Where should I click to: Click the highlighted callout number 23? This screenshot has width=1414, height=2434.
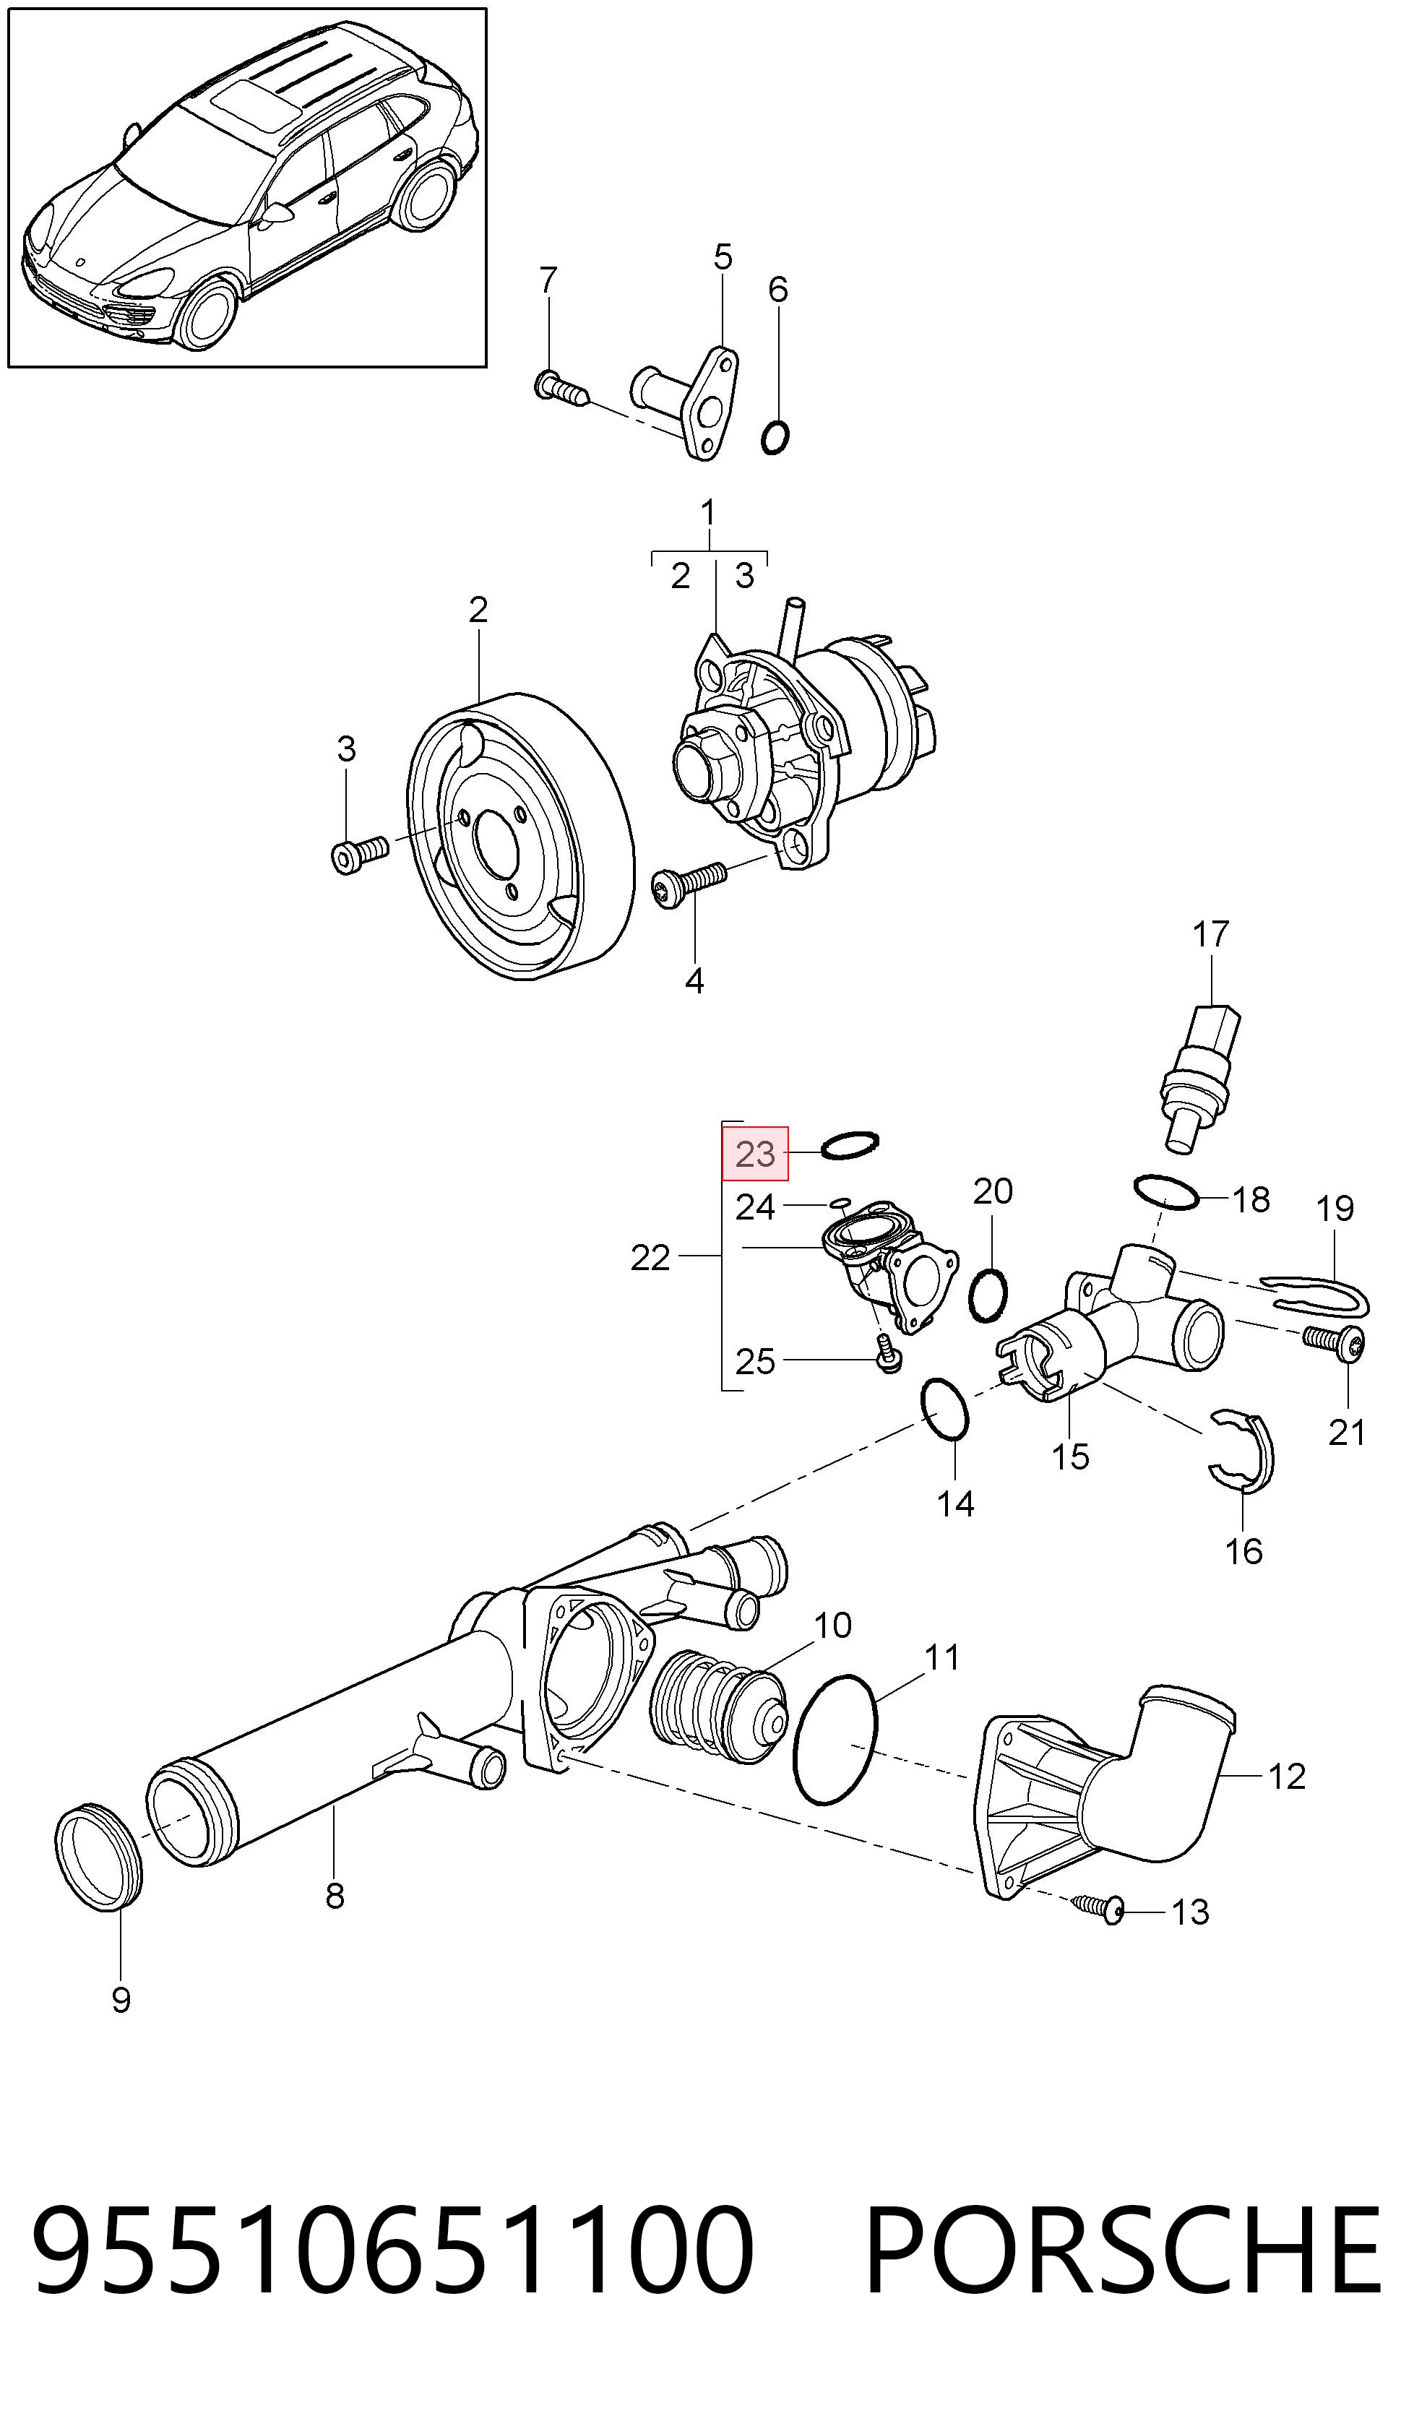click(x=755, y=1153)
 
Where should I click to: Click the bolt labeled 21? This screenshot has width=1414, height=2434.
click(x=1334, y=1342)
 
